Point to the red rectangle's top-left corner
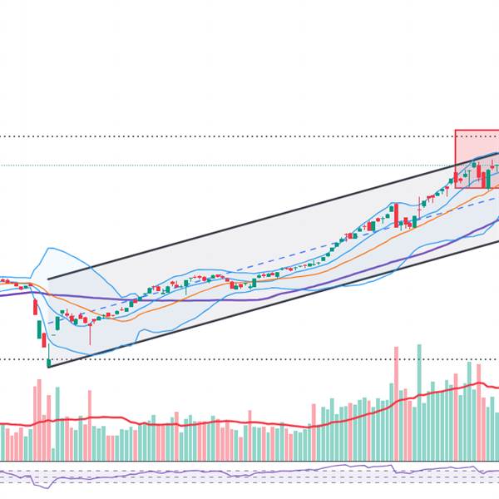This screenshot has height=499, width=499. (455, 131)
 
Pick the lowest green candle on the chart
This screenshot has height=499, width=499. (48, 362)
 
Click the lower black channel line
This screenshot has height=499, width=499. (249, 308)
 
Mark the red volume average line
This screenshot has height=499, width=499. (249, 423)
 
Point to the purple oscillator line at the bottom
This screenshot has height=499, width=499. (249, 473)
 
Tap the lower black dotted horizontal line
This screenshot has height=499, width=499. (249, 359)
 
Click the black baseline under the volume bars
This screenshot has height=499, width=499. (249, 461)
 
